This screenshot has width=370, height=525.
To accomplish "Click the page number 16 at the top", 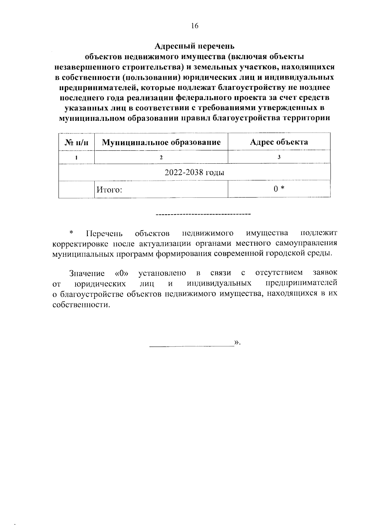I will click(x=194, y=26).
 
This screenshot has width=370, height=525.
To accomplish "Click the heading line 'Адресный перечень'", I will click(x=194, y=46).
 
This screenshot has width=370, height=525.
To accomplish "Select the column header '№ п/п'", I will click(x=76, y=142).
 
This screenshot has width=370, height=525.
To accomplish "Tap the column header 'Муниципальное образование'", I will click(x=161, y=142).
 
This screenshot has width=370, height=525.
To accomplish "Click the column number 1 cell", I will click(x=76, y=157).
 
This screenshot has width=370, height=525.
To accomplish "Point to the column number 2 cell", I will click(x=161, y=157).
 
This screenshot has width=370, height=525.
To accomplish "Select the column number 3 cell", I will click(x=279, y=157).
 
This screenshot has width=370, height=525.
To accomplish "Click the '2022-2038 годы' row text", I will click(x=194, y=172).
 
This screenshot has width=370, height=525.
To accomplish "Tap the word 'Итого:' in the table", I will click(x=109, y=190).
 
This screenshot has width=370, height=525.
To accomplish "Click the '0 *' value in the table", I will click(x=279, y=189).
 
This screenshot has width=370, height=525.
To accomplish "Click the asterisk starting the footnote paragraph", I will click(x=71, y=232).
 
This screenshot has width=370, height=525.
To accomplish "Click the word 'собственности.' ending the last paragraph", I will click(x=81, y=305).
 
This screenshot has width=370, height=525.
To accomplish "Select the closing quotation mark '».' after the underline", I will click(x=237, y=342).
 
